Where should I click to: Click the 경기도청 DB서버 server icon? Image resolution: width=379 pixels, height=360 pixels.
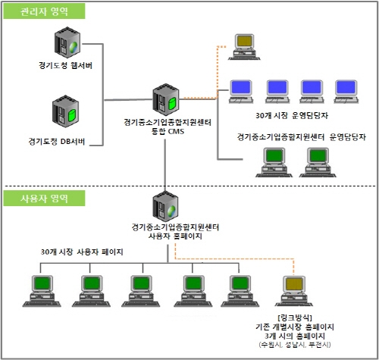pyautogui.click(x=67, y=114)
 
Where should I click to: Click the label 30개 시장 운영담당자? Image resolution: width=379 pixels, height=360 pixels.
pyautogui.click(x=293, y=117)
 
